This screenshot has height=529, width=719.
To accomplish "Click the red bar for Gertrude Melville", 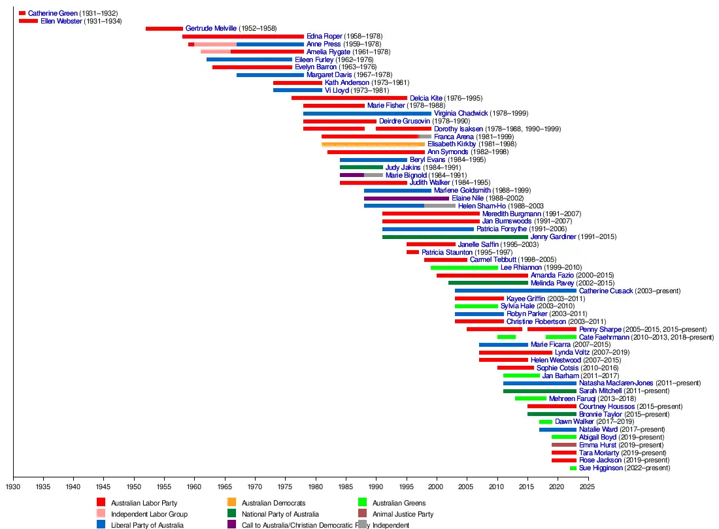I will pyautogui.click(x=164, y=29).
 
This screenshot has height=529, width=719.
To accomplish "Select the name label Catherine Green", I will pyautogui.click(x=53, y=13).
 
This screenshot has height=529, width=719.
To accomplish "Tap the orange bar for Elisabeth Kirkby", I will pyautogui.click(x=373, y=144).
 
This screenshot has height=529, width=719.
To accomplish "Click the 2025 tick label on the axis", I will pyautogui.click(x=588, y=487).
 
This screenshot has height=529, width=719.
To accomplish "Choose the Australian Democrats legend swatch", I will pyautogui.click(x=231, y=503).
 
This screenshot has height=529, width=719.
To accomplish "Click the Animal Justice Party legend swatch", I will pyautogui.click(x=362, y=514).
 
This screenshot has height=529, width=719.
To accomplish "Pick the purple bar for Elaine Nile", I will pyautogui.click(x=407, y=199).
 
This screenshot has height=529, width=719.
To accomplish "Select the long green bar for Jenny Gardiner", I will pyautogui.click(x=455, y=237).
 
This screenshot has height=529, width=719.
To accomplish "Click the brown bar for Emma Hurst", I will pyautogui.click(x=564, y=445).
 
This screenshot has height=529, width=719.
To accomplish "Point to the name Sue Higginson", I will pyautogui.click(x=601, y=468).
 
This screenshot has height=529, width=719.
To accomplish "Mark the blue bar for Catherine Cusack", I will pyautogui.click(x=516, y=291).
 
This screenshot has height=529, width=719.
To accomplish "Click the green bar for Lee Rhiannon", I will pyautogui.click(x=464, y=268).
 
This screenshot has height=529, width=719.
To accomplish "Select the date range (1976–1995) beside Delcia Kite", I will pyautogui.click(x=462, y=99).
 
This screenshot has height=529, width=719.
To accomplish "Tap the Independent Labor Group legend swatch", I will pyautogui.click(x=101, y=514).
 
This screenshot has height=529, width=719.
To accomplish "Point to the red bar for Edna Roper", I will pyautogui.click(x=243, y=37).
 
